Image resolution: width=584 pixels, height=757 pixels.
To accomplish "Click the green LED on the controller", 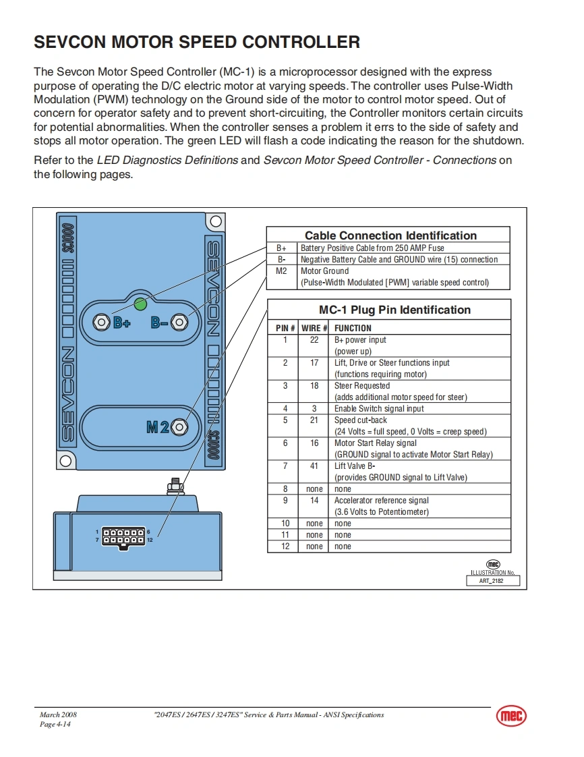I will coord(140,304).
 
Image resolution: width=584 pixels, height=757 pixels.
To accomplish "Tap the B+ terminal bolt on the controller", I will coord(102,323).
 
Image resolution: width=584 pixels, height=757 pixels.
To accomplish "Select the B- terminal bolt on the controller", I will coord(179,323).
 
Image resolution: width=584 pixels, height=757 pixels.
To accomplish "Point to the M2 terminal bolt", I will coord(179,427).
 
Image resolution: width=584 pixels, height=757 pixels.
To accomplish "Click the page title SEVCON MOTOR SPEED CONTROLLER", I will coord(197,43).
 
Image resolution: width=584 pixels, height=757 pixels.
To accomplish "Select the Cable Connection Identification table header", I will coord(390,235).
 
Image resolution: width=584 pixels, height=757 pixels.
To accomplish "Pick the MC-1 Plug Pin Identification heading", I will coord(395,310).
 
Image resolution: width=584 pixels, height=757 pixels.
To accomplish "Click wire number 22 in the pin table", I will coord(314,340).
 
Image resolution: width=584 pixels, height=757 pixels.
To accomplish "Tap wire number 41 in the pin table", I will coord(314,466).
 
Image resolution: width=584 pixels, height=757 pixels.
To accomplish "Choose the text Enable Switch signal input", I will coord(379,409).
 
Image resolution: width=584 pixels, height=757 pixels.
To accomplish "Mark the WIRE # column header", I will coord(314,329).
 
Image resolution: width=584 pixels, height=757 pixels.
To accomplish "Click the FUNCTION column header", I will coord(353,329).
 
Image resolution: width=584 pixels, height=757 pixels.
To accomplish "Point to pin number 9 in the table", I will coord(285,501).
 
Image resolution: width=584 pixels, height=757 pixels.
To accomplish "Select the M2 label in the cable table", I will coord(282,271).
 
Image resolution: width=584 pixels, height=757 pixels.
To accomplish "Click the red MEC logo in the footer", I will coord(511,717).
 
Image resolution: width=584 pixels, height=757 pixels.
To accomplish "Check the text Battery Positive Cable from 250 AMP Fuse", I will coord(372,248).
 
